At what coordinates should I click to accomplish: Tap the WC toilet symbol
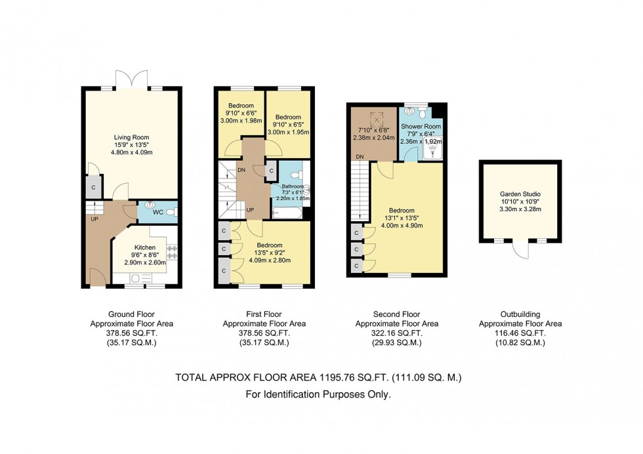171,211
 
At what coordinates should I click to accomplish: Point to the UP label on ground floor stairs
94,219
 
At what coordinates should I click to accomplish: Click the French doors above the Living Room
133,79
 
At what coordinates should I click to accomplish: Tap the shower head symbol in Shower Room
434,148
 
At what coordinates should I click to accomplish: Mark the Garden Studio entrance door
520,250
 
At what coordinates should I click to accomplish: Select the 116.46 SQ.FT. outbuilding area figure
520,333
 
